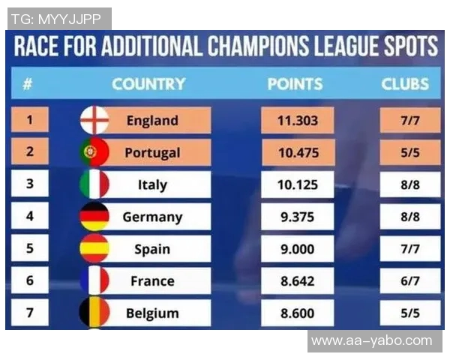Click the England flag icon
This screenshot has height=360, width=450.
pyautogui.click(x=94, y=120)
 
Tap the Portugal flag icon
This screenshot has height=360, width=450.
pyautogui.click(x=94, y=152)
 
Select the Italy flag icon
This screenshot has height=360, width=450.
pyautogui.click(x=94, y=184)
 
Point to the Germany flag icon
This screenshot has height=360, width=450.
pyautogui.click(x=94, y=217)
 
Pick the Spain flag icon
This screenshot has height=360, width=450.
pyautogui.click(x=94, y=249)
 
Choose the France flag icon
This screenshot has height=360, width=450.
pyautogui.click(x=94, y=281)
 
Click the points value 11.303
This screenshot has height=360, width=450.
pyautogui.click(x=298, y=120)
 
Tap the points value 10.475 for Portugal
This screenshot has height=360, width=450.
pyautogui.click(x=298, y=152)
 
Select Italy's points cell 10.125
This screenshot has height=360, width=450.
pyautogui.click(x=298, y=184)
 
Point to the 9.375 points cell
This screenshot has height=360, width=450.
pyautogui.click(x=298, y=217)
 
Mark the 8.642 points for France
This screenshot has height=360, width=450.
pyautogui.click(x=298, y=281)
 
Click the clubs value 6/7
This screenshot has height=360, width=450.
pyautogui.click(x=409, y=281)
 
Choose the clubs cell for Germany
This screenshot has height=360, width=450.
pyautogui.click(x=409, y=217)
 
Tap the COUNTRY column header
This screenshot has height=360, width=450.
pyautogui.click(x=148, y=84)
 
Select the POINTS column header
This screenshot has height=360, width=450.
pyautogui.click(x=295, y=84)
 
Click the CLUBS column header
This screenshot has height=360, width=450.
pyautogui.click(x=405, y=84)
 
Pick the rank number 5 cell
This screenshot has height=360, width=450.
pyautogui.click(x=30, y=249)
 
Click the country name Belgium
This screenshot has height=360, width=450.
pyautogui.click(x=152, y=313)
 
